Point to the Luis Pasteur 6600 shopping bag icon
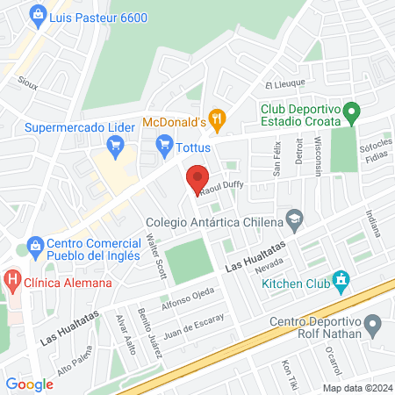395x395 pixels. tap(37, 15)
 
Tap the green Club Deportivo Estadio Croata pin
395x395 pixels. tap(352, 111)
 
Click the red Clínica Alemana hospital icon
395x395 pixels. tap(12, 283)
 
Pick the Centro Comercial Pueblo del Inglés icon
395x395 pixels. tap(35, 244)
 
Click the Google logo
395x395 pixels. tap(29, 384)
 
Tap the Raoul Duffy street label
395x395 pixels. tap(221, 185)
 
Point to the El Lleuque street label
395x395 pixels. tap(284, 83)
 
